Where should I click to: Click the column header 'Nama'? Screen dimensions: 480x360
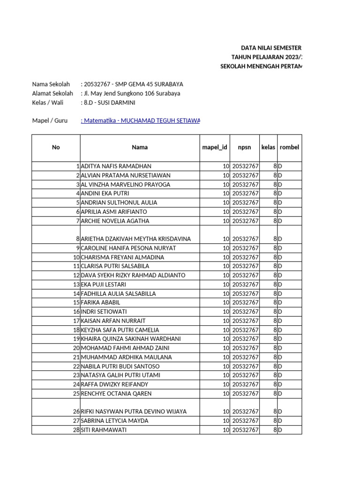(140, 147)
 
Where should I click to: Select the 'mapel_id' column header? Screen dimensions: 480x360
(215, 147)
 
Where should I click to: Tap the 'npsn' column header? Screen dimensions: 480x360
(245, 147)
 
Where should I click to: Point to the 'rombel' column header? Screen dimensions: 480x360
(289, 147)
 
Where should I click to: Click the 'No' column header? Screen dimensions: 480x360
(56, 147)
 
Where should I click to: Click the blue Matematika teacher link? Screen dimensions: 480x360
(141, 121)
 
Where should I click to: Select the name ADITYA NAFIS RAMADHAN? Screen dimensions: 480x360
(116, 166)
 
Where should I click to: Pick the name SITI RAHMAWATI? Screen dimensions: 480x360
(104, 430)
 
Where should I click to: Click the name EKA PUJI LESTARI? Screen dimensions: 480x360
(103, 285)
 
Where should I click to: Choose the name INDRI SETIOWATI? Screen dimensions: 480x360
(104, 312)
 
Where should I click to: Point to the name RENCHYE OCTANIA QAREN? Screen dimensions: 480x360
(116, 394)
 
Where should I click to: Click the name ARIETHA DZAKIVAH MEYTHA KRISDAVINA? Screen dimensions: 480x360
(136, 239)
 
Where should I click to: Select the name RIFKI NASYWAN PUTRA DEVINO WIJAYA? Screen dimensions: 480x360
(134, 412)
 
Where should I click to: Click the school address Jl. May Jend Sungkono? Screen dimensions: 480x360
(132, 93)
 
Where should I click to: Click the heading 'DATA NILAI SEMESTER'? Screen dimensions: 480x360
(271, 48)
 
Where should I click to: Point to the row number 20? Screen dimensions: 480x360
(76, 348)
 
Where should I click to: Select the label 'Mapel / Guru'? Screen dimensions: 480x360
(50, 121)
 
